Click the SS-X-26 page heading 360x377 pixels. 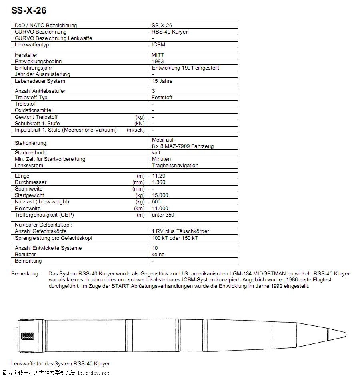pos(29,10)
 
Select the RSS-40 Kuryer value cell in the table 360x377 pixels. pos(170,32)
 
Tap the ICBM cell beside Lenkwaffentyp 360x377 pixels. pos(158,44)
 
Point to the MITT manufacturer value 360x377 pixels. pos(158,55)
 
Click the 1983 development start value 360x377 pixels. pos(158,61)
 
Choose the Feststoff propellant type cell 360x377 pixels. pos(162,97)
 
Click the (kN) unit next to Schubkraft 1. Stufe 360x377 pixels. pos(140,123)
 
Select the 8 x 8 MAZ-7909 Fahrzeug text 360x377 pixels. pos(182,146)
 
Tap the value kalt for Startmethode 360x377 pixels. pos(156,152)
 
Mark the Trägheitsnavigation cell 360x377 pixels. pos(175,165)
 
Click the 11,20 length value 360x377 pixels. pos(159,176)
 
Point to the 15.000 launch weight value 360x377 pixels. pos(160,195)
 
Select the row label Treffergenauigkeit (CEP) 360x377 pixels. pos(44,215)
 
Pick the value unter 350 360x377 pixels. pos(163,215)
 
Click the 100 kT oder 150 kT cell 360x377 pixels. pos(175,238)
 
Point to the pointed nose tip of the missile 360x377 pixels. pos(345,335)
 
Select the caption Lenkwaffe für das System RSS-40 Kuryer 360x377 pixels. pos(60,363)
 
